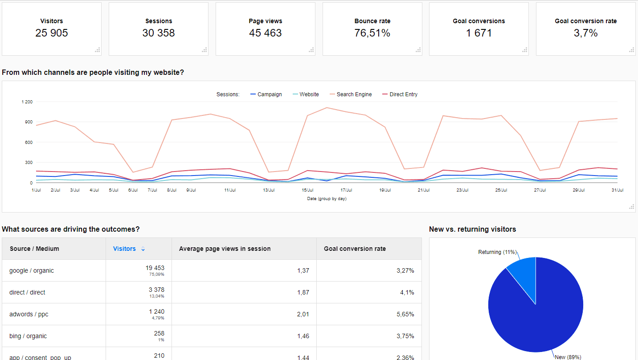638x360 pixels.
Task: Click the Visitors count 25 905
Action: point(52,33)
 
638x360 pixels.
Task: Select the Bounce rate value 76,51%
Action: point(372,33)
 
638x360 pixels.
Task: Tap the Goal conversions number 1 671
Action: point(479,33)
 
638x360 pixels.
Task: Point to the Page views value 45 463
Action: point(266,33)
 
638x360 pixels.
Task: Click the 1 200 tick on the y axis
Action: point(27,102)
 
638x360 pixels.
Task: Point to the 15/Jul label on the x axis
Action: point(307,190)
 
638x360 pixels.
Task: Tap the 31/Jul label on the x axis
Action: point(617,190)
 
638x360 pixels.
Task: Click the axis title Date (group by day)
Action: point(327,199)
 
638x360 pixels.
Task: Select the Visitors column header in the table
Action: point(124,249)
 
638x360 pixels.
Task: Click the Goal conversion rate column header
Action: point(355,249)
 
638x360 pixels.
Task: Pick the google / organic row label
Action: point(32,270)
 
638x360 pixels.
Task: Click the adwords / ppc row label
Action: point(29,314)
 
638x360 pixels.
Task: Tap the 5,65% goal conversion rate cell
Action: point(405,314)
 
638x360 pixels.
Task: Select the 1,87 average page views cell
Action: point(303,292)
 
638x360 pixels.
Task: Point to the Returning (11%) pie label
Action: point(497,252)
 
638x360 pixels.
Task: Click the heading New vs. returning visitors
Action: point(472,229)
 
